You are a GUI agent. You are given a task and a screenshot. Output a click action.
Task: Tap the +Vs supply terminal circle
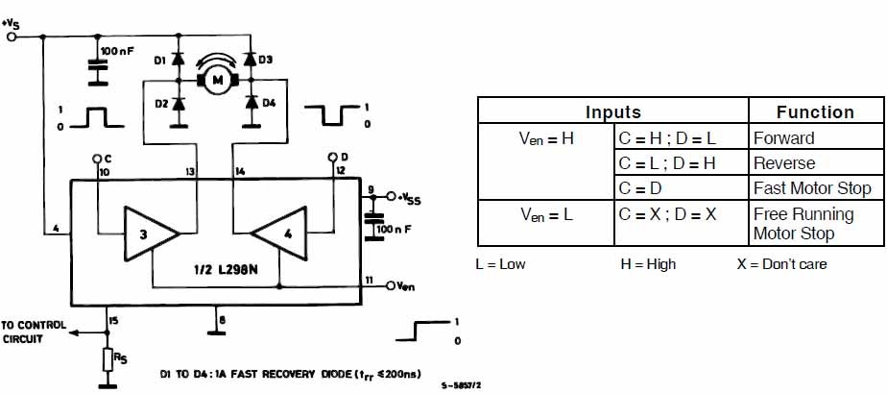pos(12,37)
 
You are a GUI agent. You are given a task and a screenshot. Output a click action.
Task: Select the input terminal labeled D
pos(332,157)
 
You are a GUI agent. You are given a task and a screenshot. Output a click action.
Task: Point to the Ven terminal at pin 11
pos(391,285)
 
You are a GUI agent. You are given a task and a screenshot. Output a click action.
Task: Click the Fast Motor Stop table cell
pos(812,188)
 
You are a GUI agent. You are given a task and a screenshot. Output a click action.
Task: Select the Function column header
pos(815,112)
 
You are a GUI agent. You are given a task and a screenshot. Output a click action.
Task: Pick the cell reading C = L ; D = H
pos(668,163)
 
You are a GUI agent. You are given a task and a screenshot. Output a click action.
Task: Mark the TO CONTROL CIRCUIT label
pos(34,332)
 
